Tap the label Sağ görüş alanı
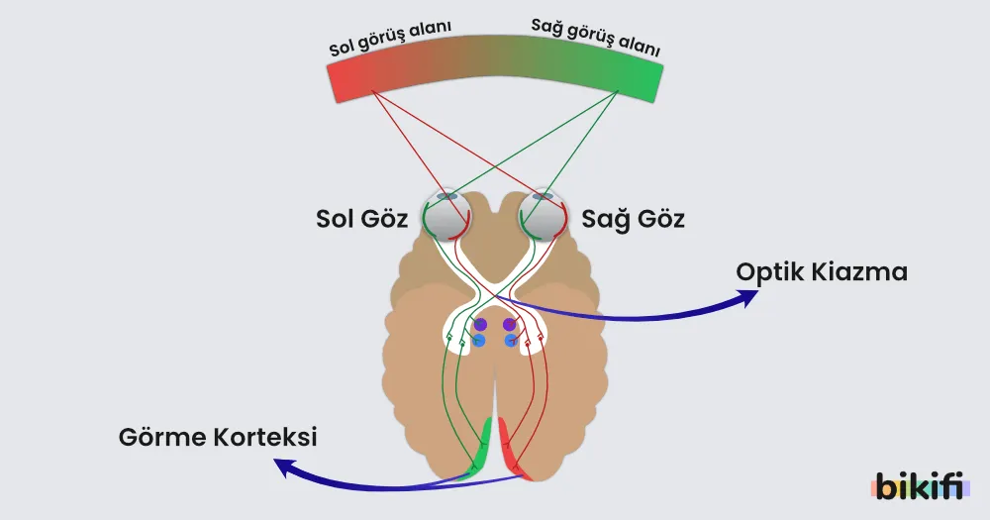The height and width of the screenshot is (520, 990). [595, 38]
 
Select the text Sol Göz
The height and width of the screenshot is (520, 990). [361, 219]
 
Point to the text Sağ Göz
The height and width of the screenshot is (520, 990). [633, 219]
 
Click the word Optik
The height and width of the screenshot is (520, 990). [769, 272]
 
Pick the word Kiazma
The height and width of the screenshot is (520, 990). [859, 272]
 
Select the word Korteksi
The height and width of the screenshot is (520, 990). [265, 437]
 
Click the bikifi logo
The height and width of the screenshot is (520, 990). [920, 486]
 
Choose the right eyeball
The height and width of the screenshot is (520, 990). [543, 215]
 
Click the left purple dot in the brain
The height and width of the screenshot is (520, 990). [480, 325]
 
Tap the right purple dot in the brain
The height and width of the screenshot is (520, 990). [509, 325]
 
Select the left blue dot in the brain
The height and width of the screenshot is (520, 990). [478, 341]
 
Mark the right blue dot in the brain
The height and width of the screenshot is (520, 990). [511, 341]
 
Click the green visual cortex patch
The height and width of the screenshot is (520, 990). [481, 449]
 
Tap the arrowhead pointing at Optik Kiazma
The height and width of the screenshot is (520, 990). [748, 297]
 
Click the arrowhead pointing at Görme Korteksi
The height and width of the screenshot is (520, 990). [283, 468]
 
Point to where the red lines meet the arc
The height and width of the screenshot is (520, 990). [372, 91]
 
